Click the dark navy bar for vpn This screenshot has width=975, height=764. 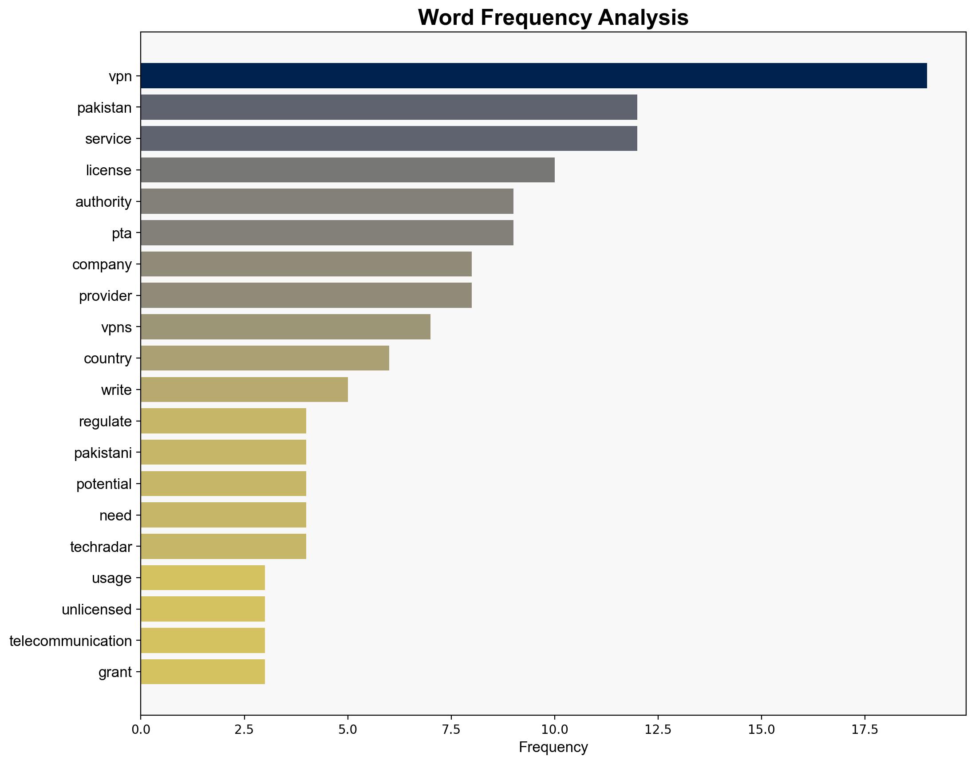tap(533, 75)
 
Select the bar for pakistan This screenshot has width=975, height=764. tap(388, 107)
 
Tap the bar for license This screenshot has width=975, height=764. tap(347, 170)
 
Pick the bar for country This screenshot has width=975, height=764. tap(264, 358)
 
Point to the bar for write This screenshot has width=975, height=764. tap(244, 390)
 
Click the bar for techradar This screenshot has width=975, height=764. tap(223, 547)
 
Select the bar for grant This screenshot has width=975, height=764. tap(203, 672)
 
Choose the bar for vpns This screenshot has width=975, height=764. tap(285, 327)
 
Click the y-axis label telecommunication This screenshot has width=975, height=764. tap(71, 641)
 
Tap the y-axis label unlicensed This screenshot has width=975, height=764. tap(97, 610)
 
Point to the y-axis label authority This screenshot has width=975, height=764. tap(103, 202)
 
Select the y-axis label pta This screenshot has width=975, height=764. tap(122, 233)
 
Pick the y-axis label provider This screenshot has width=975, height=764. tap(105, 296)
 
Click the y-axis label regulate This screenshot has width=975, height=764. tap(105, 421)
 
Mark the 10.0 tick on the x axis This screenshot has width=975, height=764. tap(554, 730)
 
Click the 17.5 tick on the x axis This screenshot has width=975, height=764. tap(864, 730)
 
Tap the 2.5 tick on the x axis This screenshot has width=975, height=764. tap(245, 730)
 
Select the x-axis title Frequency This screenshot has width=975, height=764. tap(553, 748)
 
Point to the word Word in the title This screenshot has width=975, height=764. tap(446, 18)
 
